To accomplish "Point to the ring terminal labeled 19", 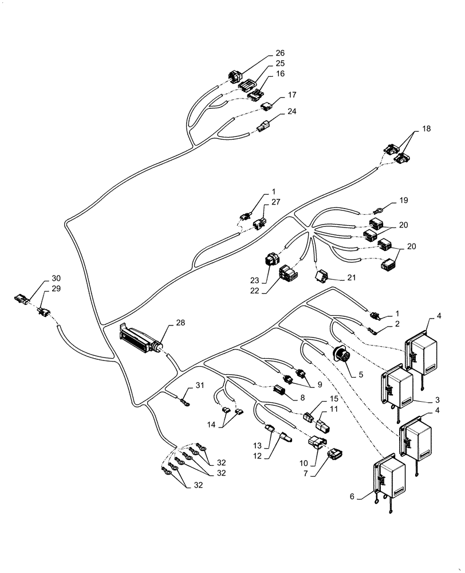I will coord(378,211).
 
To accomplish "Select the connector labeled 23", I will coord(271,261).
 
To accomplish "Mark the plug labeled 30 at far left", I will coord(22,299).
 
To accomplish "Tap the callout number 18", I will coord(425,129).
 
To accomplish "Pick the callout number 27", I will coord(276,202).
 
